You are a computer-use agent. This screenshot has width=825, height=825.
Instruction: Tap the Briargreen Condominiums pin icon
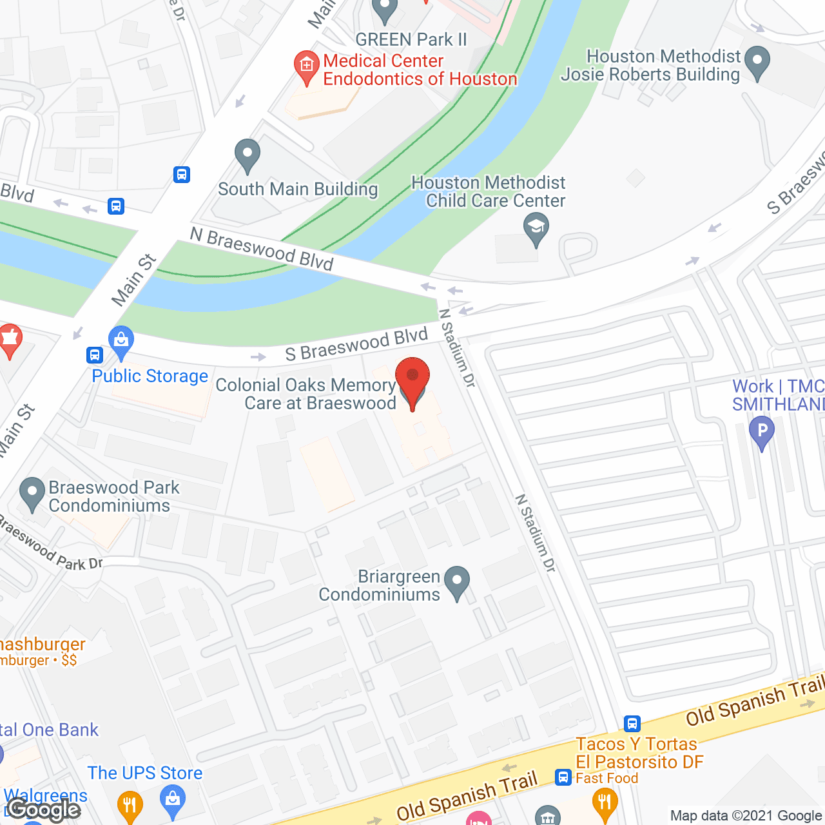click(x=457, y=582)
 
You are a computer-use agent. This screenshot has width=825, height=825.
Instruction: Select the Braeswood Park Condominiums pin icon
click(x=32, y=493)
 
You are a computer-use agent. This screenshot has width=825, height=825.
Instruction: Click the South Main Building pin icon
click(x=247, y=155)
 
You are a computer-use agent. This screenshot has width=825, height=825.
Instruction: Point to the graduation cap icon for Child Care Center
click(x=536, y=229)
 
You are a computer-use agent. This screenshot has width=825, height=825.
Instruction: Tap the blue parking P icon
click(x=762, y=432)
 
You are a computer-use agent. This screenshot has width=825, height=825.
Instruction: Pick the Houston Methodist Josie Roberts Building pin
click(x=757, y=63)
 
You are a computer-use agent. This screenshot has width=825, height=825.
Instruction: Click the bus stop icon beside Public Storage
click(x=95, y=355)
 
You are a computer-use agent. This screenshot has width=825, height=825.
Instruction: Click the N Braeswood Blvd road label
click(x=262, y=249)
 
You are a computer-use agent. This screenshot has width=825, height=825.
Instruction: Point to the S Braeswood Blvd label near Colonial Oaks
click(x=356, y=345)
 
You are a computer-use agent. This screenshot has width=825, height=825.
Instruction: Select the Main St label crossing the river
click(x=133, y=280)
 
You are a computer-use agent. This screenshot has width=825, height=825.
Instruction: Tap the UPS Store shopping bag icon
click(x=172, y=801)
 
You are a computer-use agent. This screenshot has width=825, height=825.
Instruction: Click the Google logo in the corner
click(x=43, y=810)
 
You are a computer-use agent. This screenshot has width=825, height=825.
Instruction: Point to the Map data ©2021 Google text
click(x=746, y=816)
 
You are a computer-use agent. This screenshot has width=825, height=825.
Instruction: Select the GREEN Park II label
click(x=411, y=40)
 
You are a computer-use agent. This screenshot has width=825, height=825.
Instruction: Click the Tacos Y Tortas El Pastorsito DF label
click(x=639, y=753)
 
